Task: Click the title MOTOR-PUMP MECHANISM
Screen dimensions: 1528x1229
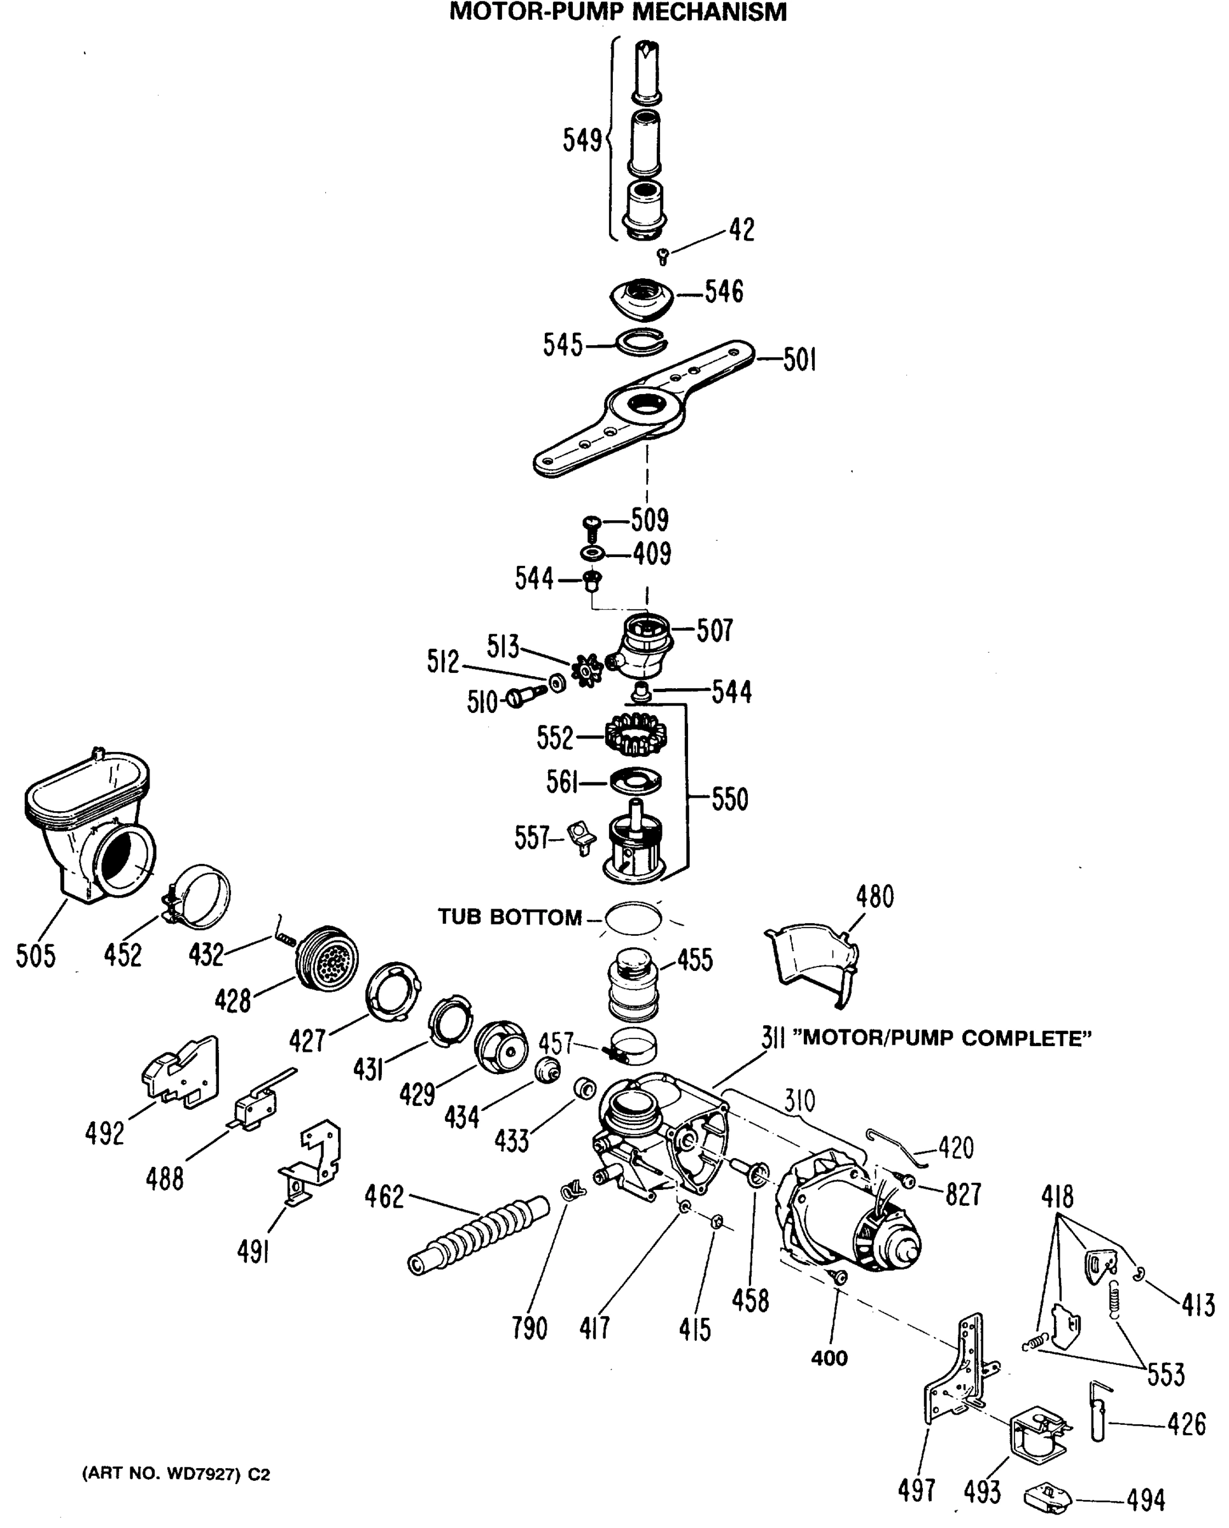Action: coord(618,12)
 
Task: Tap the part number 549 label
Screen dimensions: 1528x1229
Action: coord(582,140)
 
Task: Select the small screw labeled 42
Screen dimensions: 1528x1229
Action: coord(663,256)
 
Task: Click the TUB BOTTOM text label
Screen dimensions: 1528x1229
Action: coord(509,917)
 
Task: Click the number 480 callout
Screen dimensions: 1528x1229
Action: coord(875,897)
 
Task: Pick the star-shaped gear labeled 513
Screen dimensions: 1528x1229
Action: coord(587,670)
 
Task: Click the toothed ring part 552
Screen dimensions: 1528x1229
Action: coord(635,734)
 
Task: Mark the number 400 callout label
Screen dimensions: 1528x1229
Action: coord(829,1358)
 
